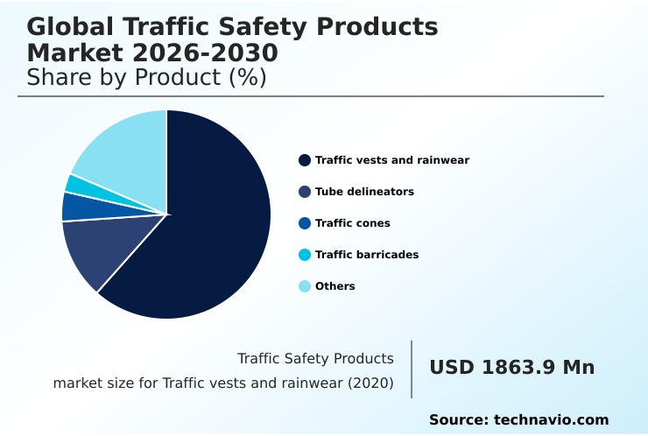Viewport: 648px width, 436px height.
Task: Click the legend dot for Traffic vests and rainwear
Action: coord(305,160)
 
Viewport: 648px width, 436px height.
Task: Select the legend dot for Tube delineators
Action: coord(305,192)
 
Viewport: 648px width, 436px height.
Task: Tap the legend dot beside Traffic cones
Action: coord(305,223)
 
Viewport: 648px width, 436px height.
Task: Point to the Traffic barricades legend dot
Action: coord(305,255)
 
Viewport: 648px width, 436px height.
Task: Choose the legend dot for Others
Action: coord(305,286)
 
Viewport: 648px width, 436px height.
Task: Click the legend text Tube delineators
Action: coord(364,192)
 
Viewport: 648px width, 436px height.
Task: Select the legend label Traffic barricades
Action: coord(367,255)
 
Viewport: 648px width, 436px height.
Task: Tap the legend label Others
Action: coord(335,286)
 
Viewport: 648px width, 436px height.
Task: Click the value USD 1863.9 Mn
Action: coord(511,368)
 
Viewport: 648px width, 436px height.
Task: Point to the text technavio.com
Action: coord(551,420)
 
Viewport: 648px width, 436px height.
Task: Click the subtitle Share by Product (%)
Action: coord(146,78)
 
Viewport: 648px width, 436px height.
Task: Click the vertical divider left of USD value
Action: coord(412,369)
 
